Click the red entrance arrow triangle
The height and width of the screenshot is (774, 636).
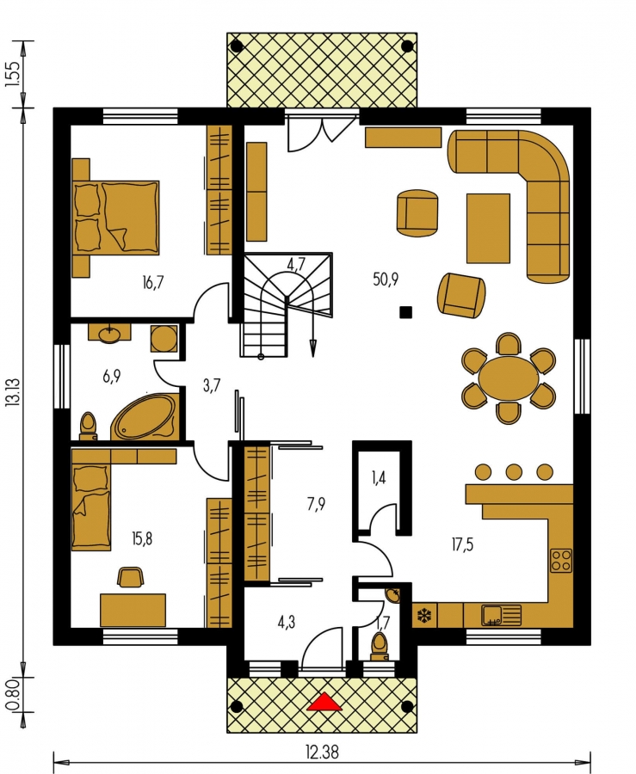324,702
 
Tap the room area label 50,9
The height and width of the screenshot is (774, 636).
386,279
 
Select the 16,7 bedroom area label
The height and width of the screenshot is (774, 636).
152,283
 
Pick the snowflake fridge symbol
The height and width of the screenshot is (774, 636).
424,615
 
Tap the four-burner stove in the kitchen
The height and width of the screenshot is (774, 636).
561,560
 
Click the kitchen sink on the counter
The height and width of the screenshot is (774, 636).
501,615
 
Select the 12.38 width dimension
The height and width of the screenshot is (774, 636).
323,752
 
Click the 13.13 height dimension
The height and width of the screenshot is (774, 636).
13,392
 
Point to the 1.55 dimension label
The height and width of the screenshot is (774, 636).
13,74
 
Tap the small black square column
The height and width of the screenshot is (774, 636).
406,312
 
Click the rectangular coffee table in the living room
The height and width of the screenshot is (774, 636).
488,228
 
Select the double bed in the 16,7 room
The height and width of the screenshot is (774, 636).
116,218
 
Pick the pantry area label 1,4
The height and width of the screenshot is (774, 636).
378,477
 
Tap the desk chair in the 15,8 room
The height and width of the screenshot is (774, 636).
131,577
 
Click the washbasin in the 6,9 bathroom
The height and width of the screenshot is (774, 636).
109,334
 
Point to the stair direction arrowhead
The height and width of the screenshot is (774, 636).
312,348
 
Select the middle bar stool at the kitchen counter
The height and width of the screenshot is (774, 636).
514,472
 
